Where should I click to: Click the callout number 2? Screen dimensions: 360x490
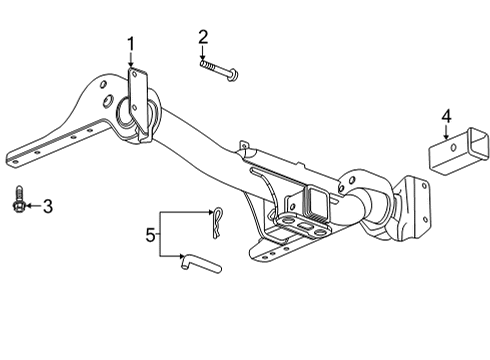pyautogui.click(x=203, y=38)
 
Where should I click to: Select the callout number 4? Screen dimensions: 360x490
pyautogui.click(x=447, y=118)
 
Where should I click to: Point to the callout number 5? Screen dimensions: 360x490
pyautogui.click(x=151, y=236)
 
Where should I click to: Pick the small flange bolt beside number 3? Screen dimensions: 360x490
pyautogui.click(x=19, y=203)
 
